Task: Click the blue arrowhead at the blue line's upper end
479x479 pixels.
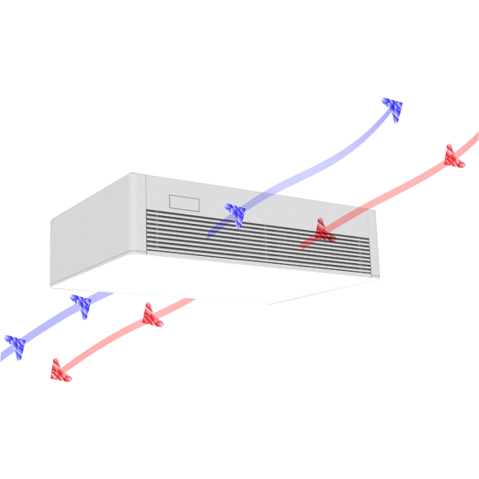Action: click(x=393, y=109)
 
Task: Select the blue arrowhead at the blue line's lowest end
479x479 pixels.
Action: click(x=15, y=345)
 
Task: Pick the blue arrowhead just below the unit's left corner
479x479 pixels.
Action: click(x=82, y=305)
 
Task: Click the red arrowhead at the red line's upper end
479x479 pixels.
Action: click(x=453, y=157)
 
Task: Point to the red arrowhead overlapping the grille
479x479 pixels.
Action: click(x=323, y=231)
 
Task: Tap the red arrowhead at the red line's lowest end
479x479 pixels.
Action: click(x=59, y=371)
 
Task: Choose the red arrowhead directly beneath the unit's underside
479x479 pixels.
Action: click(x=152, y=314)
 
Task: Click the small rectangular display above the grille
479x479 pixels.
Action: click(x=185, y=203)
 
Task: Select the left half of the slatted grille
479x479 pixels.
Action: click(x=206, y=233)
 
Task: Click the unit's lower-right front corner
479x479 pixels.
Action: click(x=378, y=276)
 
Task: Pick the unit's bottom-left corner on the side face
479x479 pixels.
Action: click(x=51, y=287)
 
